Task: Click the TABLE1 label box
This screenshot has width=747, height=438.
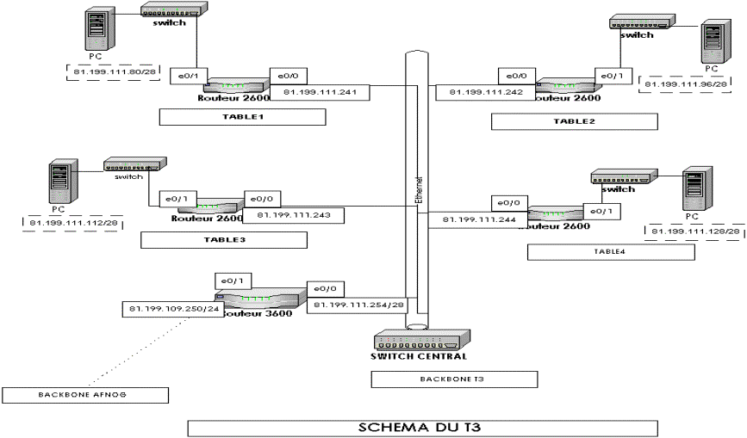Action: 242,117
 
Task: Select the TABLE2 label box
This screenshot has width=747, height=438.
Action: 574,121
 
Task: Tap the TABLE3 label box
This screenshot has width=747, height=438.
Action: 224,239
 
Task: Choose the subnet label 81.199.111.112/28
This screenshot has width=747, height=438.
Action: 74,224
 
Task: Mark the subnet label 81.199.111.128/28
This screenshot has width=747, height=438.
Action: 695,231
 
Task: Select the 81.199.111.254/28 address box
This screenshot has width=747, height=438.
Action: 358,305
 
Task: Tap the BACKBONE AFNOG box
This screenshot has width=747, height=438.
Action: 84,395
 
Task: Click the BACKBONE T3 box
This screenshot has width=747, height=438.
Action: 454,379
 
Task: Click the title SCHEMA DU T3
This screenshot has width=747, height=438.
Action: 422,427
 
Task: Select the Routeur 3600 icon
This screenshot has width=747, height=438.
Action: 263,298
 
